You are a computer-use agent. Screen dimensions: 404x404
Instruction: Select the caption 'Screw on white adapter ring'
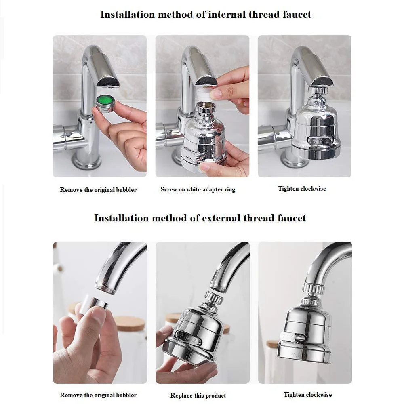198,189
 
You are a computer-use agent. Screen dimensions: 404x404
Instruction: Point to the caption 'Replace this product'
198,396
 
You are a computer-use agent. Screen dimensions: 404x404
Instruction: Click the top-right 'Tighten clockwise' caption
302,189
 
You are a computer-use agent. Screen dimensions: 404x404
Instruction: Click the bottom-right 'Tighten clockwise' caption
307,395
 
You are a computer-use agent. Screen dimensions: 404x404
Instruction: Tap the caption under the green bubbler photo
98,190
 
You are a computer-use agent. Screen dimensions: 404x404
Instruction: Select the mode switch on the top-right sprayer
315,141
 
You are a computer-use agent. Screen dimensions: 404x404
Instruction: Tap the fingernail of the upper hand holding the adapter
216,94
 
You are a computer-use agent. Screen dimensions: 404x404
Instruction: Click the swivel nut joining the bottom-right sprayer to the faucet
314,289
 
